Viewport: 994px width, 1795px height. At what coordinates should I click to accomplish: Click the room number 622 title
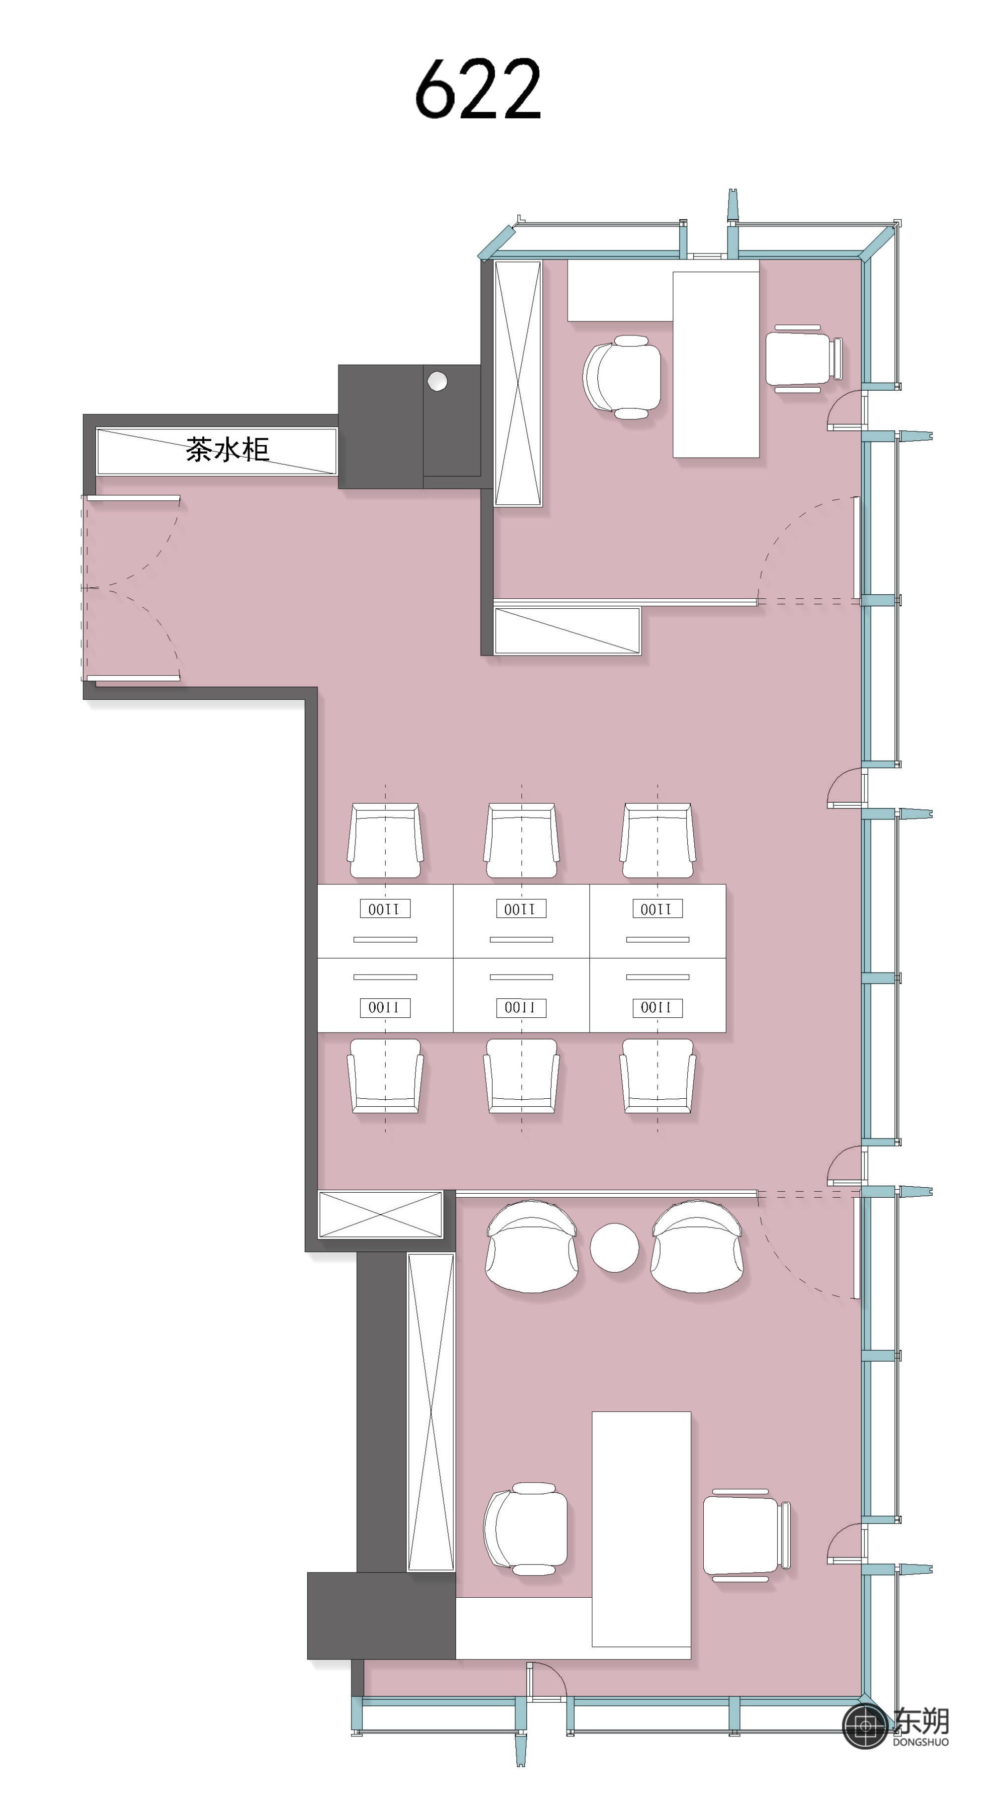(x=478, y=88)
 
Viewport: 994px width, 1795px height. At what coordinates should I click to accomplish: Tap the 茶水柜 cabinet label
(x=227, y=449)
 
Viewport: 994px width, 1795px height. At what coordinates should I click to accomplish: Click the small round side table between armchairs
(x=614, y=1247)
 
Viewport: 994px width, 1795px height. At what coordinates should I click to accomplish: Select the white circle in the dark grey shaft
(x=437, y=381)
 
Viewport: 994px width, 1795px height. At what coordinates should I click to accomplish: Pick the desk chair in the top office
(x=622, y=377)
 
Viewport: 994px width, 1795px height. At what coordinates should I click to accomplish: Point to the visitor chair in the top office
(x=804, y=359)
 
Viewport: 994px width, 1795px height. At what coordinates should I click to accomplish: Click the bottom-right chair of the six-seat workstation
(x=658, y=1076)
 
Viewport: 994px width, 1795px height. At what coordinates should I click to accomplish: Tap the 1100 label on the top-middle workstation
(x=521, y=908)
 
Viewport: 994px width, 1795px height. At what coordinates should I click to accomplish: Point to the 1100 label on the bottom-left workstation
(x=385, y=1008)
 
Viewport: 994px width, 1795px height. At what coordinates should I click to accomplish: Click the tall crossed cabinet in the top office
(x=518, y=383)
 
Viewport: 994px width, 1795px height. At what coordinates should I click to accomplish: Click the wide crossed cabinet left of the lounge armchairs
(x=381, y=1215)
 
